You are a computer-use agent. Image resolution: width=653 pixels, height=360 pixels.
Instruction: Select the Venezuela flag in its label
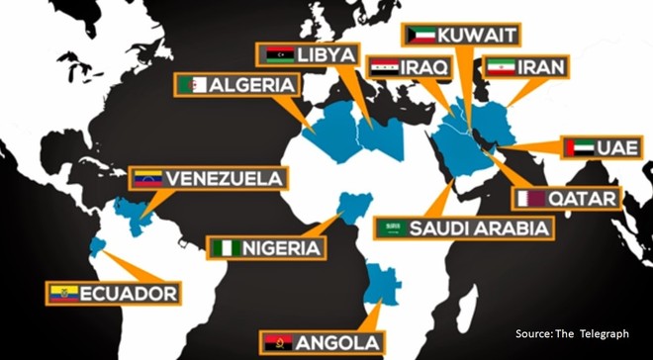point(146,180)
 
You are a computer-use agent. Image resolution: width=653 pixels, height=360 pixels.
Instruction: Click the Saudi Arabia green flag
point(393,228)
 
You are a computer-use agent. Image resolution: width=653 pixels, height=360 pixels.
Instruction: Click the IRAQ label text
point(426,67)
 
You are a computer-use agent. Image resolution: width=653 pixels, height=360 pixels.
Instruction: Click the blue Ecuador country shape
point(95,246)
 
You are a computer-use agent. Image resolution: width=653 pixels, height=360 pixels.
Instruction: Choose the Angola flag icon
point(276,343)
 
